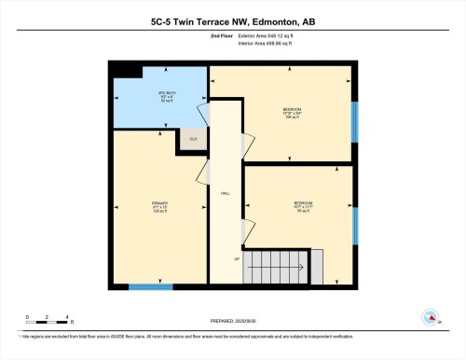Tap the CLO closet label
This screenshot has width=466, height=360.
(193, 140)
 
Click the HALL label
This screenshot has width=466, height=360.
(225, 193)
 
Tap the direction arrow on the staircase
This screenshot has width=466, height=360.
(277, 267)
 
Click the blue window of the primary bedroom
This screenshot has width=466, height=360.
(150, 286)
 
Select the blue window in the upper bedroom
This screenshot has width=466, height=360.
(354, 120)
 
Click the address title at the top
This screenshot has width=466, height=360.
(233, 21)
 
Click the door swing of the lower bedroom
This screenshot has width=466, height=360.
(249, 228)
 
